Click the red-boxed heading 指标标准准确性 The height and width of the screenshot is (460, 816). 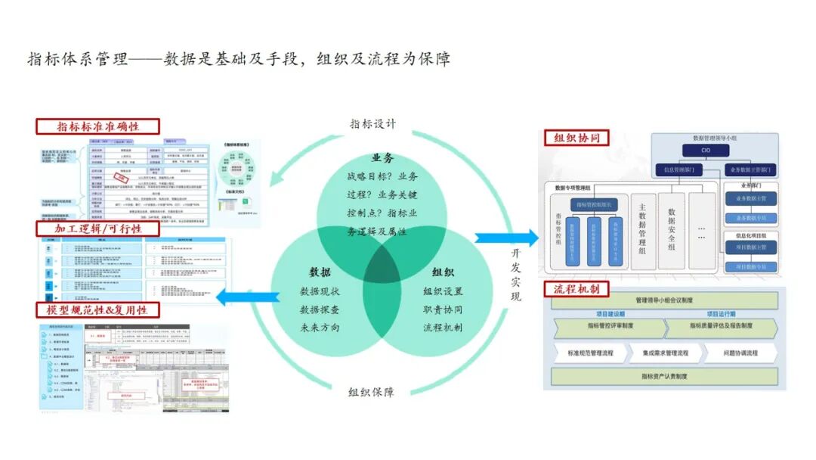point(98,126)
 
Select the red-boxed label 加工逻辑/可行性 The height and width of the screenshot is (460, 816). point(98,228)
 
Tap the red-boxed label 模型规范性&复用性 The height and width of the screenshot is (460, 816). point(98,310)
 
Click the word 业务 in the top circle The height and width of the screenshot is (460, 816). point(382,158)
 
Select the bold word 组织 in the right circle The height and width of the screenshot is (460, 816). point(443,272)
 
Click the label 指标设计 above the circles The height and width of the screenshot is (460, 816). point(372,123)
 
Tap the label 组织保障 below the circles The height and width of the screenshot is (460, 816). point(371,392)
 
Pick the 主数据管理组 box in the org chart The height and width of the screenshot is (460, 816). point(642,228)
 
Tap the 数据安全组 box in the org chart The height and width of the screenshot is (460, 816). point(672,228)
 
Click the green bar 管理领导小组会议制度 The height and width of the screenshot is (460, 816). point(665,300)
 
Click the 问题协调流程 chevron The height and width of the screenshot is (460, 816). point(740,353)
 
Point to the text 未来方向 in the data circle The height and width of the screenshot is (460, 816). point(320,328)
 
